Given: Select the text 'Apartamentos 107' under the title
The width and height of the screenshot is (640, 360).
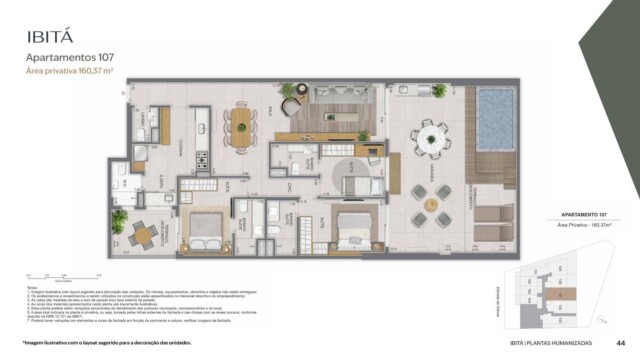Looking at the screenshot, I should click(68, 58).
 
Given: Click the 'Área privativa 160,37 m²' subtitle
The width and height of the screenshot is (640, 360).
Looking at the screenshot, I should click(69, 72).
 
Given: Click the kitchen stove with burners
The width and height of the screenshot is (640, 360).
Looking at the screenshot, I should click(202, 159).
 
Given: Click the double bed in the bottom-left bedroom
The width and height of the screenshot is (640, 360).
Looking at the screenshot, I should click(206, 231).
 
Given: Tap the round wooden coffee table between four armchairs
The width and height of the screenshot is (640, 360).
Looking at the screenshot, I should click(431, 205).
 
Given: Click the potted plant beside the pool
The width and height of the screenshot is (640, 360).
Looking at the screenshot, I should click(439, 91).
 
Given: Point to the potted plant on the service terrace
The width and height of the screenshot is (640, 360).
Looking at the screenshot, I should click(120, 219).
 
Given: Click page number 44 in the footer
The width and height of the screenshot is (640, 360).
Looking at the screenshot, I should click(620, 342).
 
